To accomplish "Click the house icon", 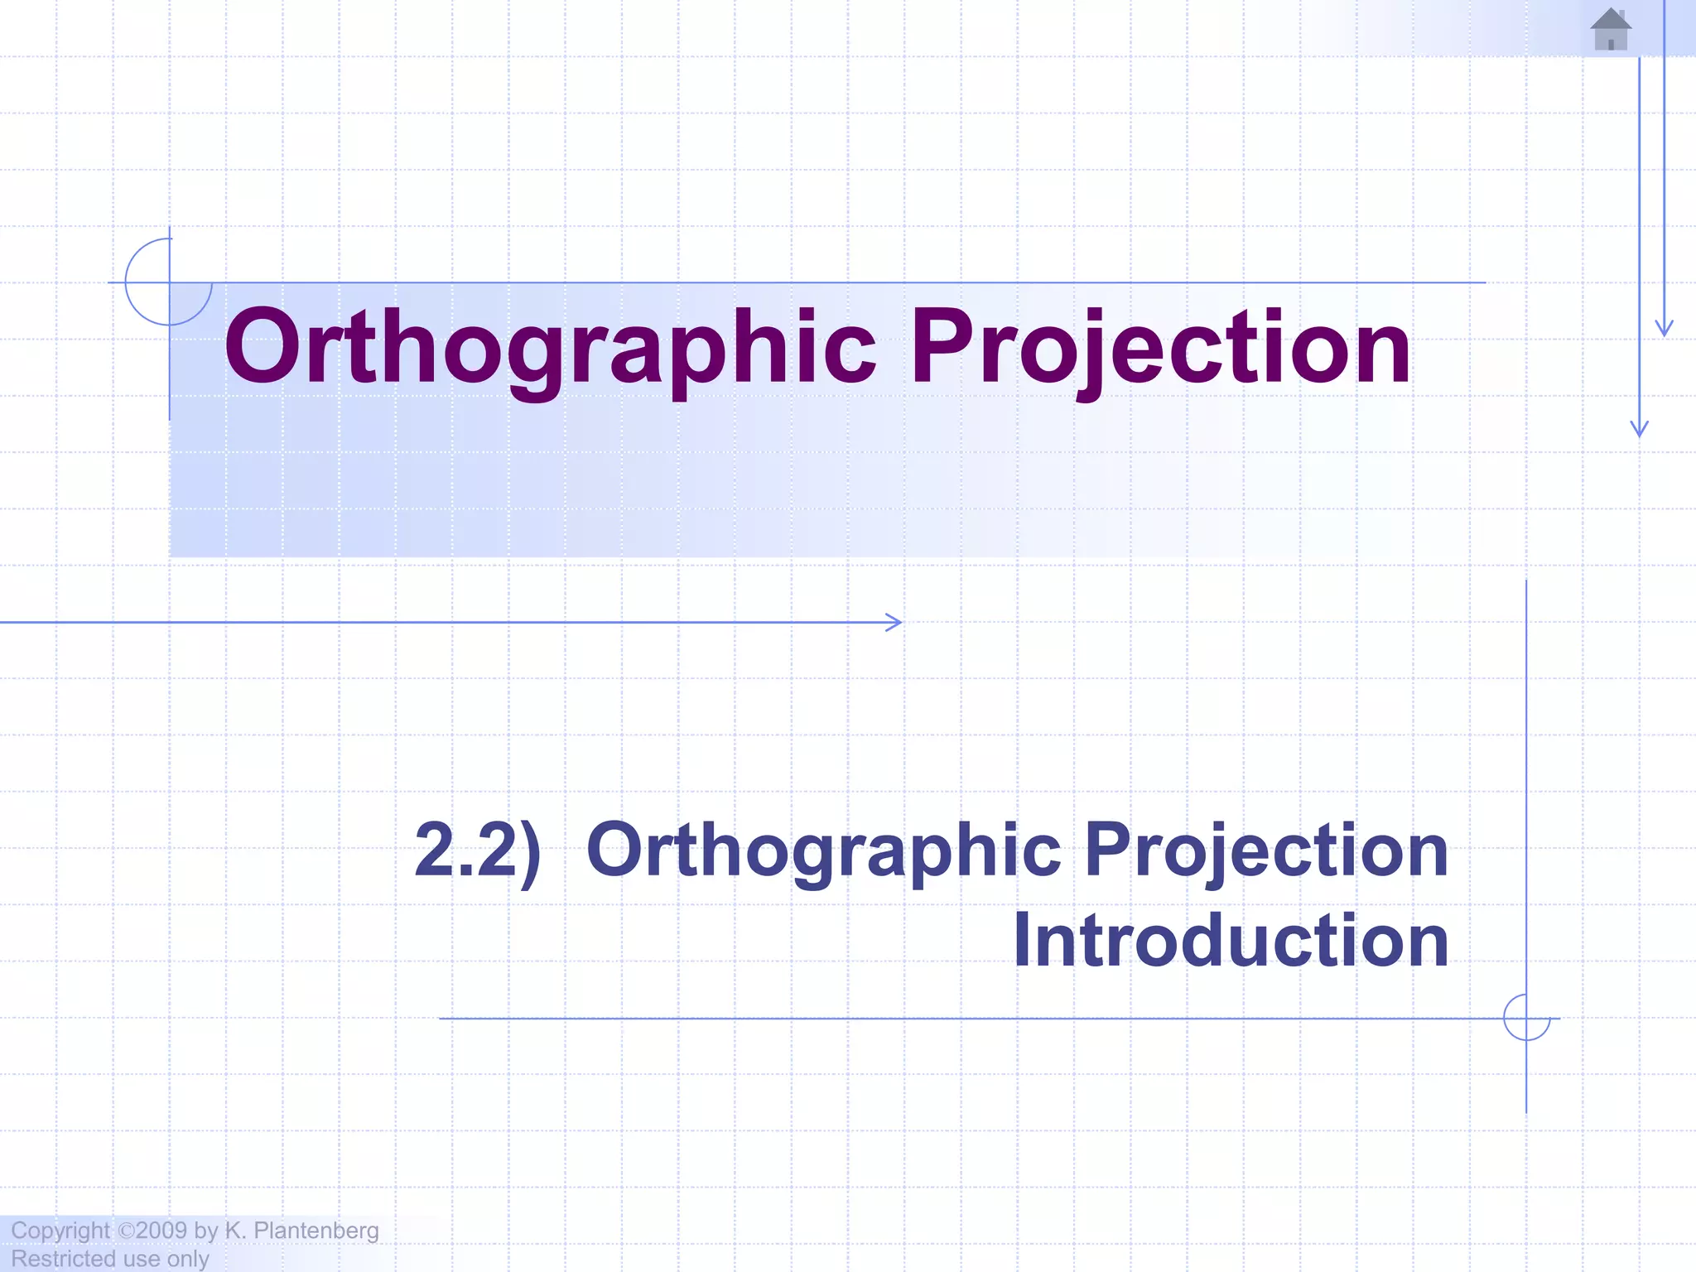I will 1611,30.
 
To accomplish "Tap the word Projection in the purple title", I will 1160,348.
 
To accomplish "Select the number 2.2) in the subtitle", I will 478,850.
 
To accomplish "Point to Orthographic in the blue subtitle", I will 823,850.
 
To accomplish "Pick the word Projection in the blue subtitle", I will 1266,850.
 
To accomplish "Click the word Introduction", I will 1231,941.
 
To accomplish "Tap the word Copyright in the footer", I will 60,1231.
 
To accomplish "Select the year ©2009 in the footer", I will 153,1231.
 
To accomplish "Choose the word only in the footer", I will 188,1260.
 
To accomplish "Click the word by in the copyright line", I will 205,1231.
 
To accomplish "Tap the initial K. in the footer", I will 235,1231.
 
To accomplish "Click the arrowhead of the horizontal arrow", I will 895,622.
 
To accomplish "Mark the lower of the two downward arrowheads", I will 1639,429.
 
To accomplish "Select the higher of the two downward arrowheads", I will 1664,328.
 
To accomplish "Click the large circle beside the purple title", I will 168,282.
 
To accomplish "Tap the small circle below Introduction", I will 1526,1018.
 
